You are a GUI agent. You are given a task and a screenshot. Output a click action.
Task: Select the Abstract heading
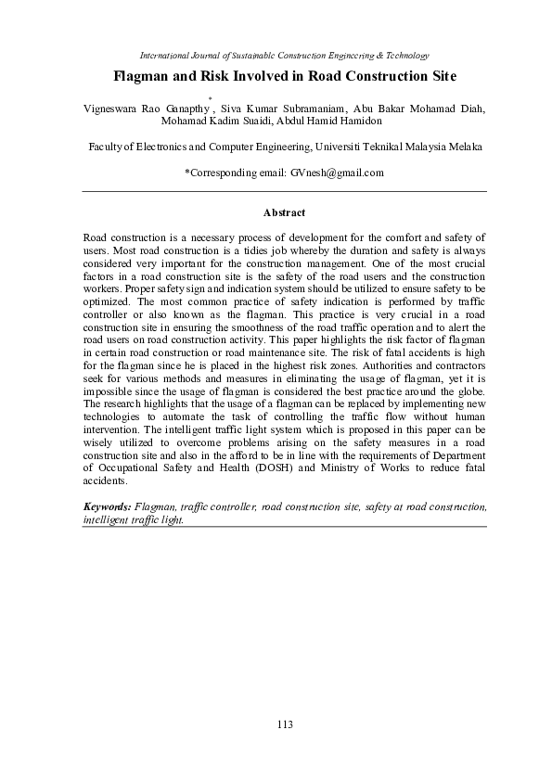click(x=285, y=212)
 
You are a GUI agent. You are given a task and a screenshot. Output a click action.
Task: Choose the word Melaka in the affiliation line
click(x=464, y=147)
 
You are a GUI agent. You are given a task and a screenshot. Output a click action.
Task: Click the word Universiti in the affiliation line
click(x=340, y=147)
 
